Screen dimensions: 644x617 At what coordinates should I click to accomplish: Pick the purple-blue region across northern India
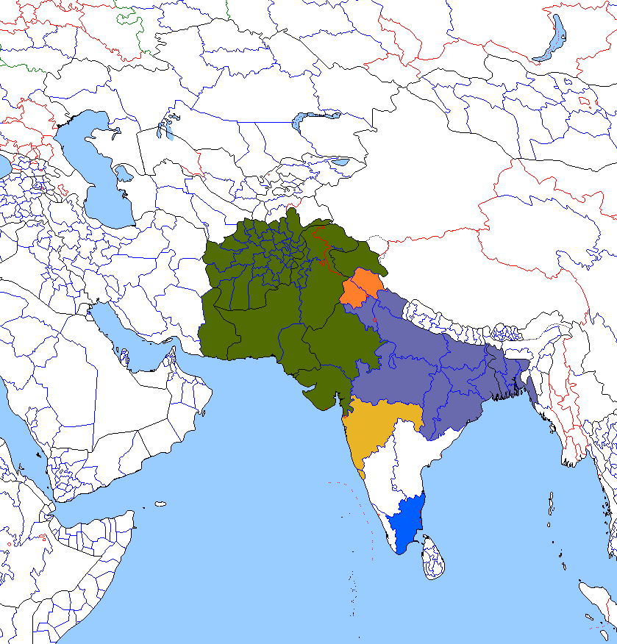pos(427,360)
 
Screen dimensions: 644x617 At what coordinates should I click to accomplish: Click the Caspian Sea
pos(99,169)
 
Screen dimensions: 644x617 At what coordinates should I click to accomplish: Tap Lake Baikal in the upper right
pos(553,40)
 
